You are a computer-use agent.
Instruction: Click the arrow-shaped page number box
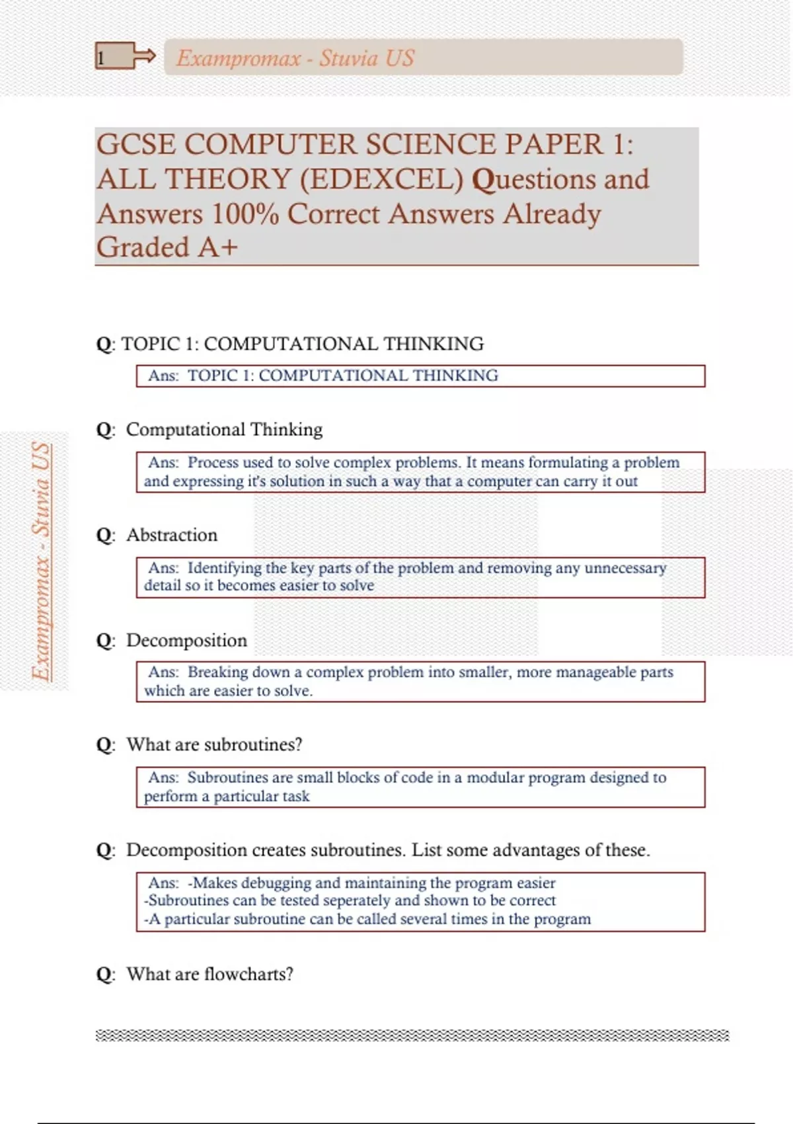tap(124, 57)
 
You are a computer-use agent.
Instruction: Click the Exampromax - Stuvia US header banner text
tap(295, 58)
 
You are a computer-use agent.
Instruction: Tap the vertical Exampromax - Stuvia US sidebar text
tap(42, 561)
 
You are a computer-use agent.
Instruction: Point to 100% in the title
tap(245, 214)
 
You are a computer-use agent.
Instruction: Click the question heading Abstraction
tap(171, 535)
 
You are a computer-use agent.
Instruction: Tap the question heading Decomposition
tap(186, 640)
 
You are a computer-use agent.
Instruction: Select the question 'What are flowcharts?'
tap(209, 974)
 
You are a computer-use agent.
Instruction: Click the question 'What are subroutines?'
tap(214, 744)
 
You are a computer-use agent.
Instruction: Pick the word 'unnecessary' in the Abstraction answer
tap(625, 568)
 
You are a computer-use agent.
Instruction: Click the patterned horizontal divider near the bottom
tap(412, 1035)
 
